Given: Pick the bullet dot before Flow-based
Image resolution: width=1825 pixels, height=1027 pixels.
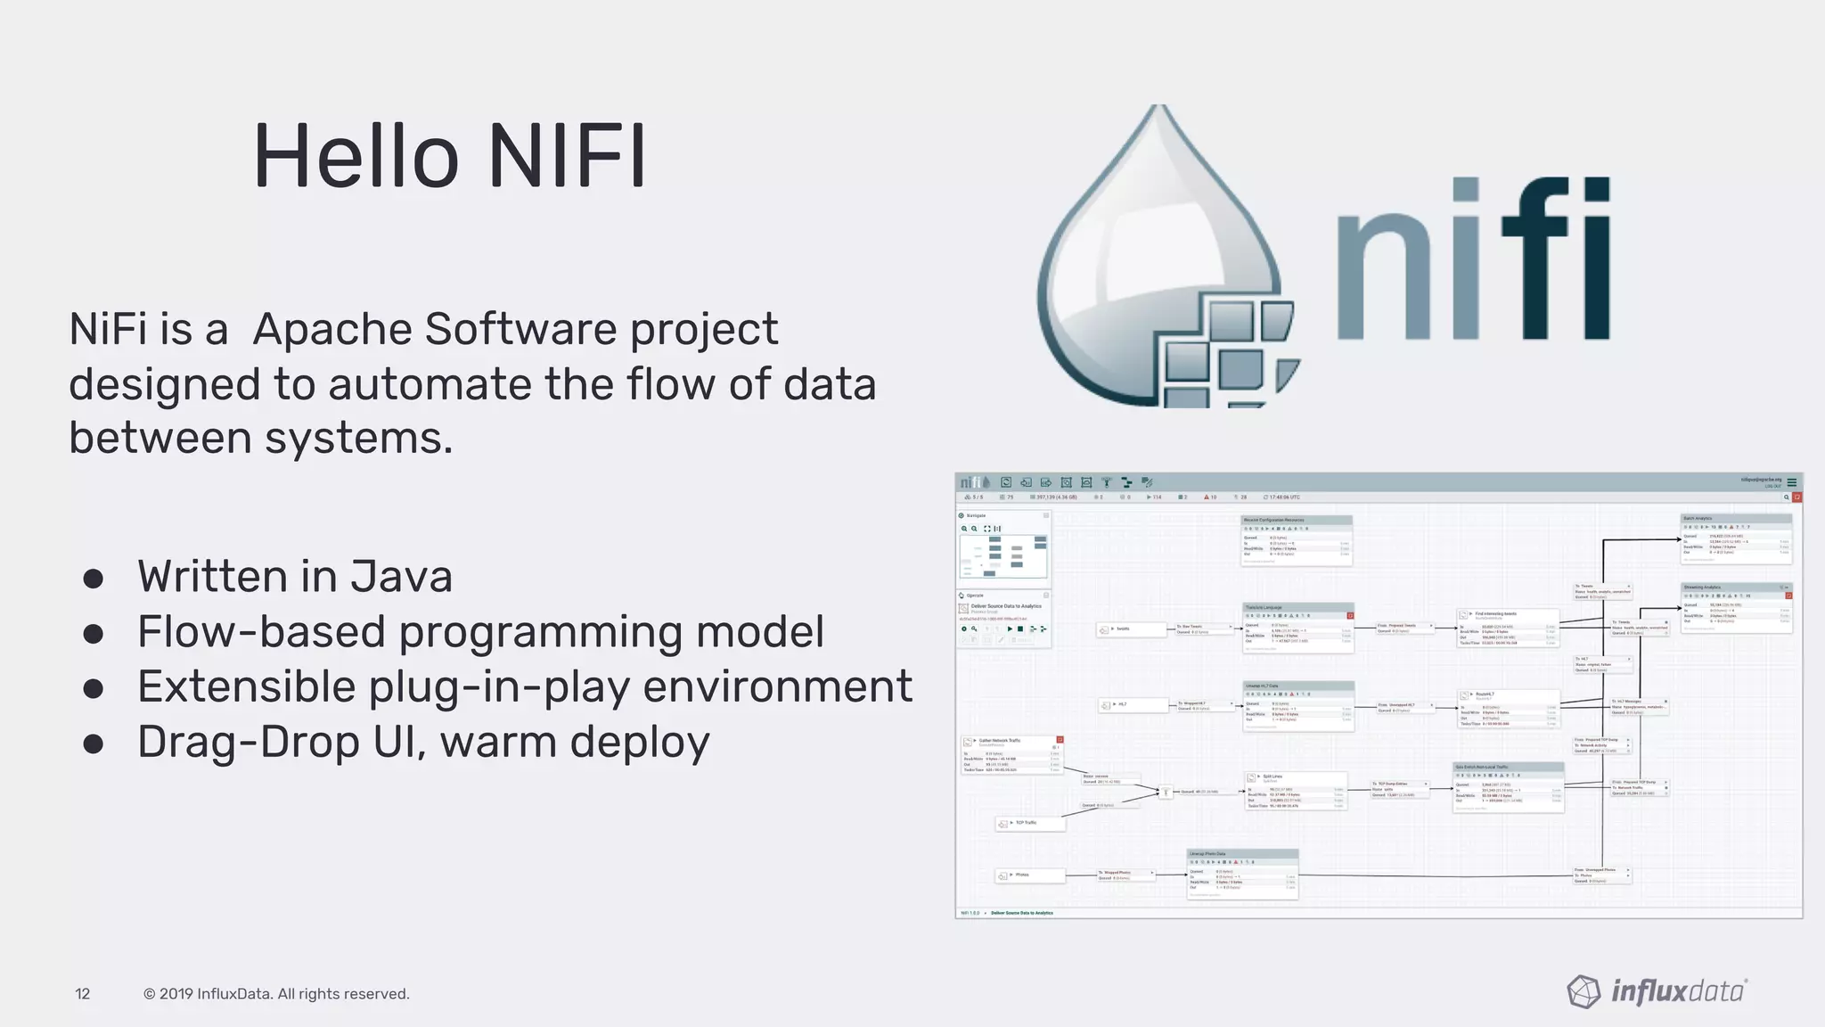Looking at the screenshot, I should [94, 633].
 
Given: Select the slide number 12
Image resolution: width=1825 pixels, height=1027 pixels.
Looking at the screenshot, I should [83, 994].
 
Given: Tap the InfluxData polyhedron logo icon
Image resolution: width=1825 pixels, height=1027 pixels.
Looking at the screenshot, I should [1584, 991].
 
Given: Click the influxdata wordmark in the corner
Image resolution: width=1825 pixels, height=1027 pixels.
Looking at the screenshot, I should [1679, 991].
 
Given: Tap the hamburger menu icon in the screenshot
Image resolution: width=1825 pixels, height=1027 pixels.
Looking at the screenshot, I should [1792, 482].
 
